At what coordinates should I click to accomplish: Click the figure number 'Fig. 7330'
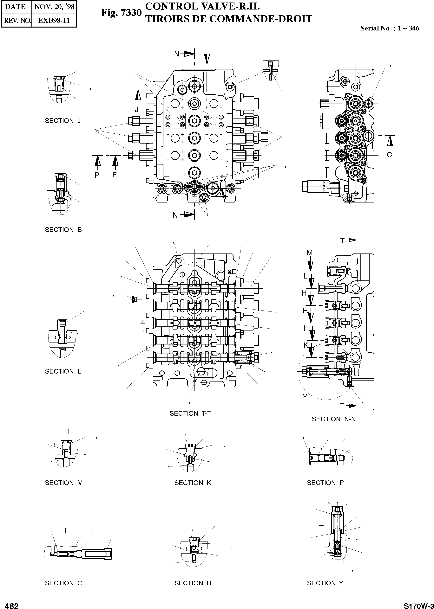click(121, 13)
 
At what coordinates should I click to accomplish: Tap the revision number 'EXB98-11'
click(54, 21)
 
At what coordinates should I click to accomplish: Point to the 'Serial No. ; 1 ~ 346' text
click(390, 28)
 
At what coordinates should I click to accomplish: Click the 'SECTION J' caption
click(63, 121)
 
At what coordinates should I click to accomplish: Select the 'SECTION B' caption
click(63, 230)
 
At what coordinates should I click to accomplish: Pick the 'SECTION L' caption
click(63, 371)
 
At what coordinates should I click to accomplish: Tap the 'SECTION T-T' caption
click(190, 413)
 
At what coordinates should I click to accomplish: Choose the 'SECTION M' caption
click(64, 483)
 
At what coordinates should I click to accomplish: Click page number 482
click(12, 604)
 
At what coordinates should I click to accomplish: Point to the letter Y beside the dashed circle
click(305, 397)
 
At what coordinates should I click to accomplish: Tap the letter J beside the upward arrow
click(137, 109)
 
